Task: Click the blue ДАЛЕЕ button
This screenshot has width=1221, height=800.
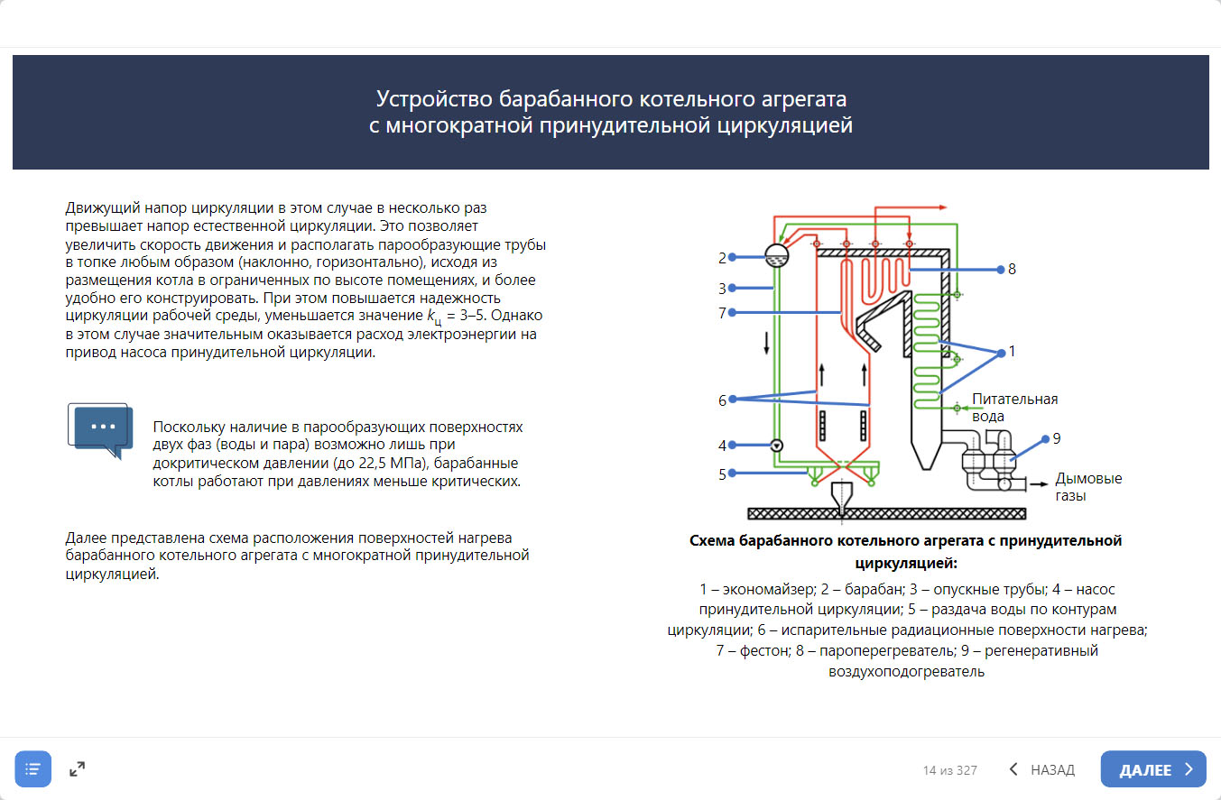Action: [x=1153, y=769]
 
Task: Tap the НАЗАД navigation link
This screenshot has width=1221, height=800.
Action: [x=1041, y=769]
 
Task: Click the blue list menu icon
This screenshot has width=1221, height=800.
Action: [x=33, y=769]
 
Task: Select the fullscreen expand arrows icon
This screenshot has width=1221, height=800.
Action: [x=78, y=769]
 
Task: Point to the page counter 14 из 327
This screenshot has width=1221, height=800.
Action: [x=949, y=770]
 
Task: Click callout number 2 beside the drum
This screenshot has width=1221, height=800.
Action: [x=722, y=258]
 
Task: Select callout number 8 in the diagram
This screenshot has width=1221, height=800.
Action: [x=1012, y=269]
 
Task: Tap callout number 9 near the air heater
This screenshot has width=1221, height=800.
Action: [x=1057, y=439]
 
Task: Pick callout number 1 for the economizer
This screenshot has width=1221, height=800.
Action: [x=1012, y=352]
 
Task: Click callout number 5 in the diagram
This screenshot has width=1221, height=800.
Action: [x=722, y=474]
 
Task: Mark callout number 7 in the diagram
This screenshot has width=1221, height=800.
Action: [x=722, y=313]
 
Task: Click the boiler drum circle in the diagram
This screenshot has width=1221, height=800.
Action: [x=775, y=256]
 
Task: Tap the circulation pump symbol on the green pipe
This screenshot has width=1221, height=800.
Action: [x=776, y=445]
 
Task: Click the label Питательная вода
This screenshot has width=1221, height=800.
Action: [x=1014, y=408]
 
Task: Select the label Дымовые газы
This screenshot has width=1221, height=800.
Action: [x=1088, y=487]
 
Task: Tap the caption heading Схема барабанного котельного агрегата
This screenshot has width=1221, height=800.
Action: [x=905, y=541]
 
